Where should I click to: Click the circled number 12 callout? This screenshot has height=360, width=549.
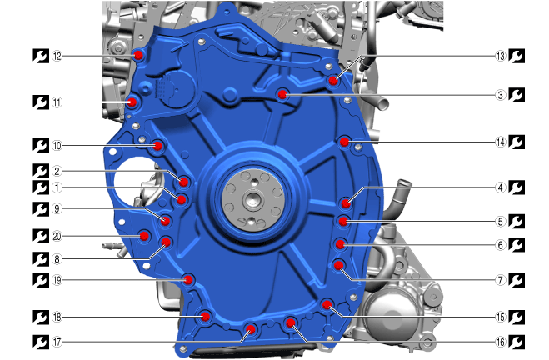57,56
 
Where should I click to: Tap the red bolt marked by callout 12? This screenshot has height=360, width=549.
138,55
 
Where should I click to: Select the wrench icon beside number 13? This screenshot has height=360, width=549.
517,56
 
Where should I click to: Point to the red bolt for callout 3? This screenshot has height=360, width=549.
282,94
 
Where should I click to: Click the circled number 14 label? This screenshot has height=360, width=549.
501,142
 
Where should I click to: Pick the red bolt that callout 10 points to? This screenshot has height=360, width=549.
157,146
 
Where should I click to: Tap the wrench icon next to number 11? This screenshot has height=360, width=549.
41,102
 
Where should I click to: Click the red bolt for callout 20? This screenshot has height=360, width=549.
144,236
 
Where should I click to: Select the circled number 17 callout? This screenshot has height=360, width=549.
57,342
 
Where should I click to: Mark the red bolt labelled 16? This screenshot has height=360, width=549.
290,322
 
